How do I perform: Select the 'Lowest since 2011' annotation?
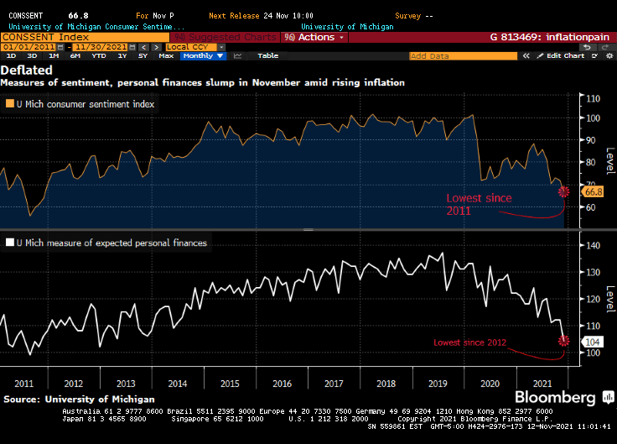tap(478, 204)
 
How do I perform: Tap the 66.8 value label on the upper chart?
tap(594, 192)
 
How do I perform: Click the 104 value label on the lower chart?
tap(592, 341)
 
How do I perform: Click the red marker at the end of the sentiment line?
tap(563, 192)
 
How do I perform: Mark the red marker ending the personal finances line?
tap(563, 340)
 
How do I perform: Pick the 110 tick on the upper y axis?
tap(594, 98)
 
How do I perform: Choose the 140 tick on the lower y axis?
tap(594, 246)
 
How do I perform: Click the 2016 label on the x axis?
tap(283, 383)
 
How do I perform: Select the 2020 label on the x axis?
tap(489, 383)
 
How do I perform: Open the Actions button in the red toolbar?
tap(315, 37)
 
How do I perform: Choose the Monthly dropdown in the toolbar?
tap(203, 55)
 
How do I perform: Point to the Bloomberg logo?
tap(554, 397)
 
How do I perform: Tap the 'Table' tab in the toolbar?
tap(267, 55)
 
